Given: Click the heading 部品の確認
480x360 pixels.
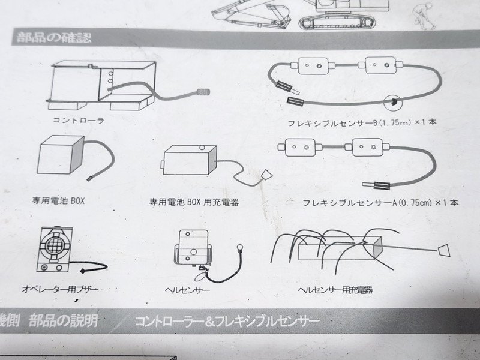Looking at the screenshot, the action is click(x=54, y=38).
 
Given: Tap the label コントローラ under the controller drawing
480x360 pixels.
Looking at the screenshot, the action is click(x=79, y=121).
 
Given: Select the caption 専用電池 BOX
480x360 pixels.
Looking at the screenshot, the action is click(x=58, y=201).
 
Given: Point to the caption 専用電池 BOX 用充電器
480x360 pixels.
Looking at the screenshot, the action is click(x=194, y=202).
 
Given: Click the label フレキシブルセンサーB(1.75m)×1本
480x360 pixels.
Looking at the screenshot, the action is click(x=362, y=123).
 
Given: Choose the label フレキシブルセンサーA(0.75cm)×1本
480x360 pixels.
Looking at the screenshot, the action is click(x=380, y=203).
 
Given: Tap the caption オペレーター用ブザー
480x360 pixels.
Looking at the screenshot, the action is click(x=61, y=289).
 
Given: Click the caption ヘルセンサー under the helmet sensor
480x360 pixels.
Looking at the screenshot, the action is click(x=187, y=290).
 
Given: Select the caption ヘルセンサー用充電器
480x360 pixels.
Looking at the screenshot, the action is click(x=335, y=290).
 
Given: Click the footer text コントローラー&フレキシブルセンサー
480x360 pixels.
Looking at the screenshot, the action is click(x=227, y=321).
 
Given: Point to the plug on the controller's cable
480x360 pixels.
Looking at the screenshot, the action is click(x=203, y=92).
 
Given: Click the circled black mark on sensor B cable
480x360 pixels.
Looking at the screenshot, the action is click(x=393, y=102).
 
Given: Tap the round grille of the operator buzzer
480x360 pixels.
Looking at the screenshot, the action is click(x=55, y=245).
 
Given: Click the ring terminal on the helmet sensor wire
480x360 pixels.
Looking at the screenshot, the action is click(x=239, y=247).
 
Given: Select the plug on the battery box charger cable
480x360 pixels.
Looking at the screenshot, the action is click(x=266, y=175).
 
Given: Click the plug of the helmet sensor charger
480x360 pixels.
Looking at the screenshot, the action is click(x=444, y=250).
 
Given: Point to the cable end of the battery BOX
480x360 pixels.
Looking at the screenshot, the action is click(x=89, y=178).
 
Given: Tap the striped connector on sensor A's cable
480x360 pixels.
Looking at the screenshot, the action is click(x=382, y=185).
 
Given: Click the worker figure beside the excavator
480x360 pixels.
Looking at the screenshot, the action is click(x=424, y=16).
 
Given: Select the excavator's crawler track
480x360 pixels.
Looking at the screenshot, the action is click(x=337, y=22).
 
